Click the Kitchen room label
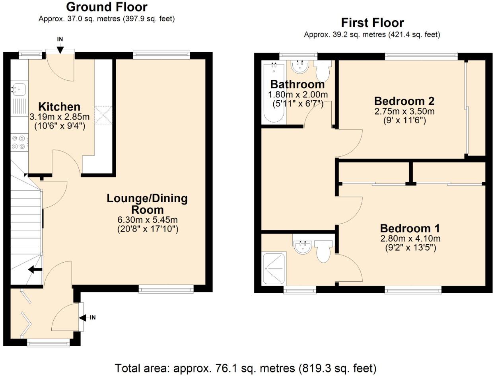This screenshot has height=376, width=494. (x=59, y=107)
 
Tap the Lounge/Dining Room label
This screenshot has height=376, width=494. (x=147, y=204)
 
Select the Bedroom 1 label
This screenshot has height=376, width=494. (x=410, y=228)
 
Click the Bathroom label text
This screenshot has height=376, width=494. (x=297, y=84)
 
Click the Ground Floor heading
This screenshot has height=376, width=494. (x=107, y=7)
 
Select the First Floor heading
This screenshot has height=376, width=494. (x=372, y=23)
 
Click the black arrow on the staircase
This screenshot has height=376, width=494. (x=35, y=270)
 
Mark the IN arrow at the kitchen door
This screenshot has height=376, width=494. (x=60, y=49)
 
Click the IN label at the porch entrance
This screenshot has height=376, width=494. (x=92, y=318)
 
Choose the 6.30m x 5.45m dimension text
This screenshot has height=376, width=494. (x=147, y=220)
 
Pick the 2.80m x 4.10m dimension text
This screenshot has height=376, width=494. (x=410, y=239)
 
